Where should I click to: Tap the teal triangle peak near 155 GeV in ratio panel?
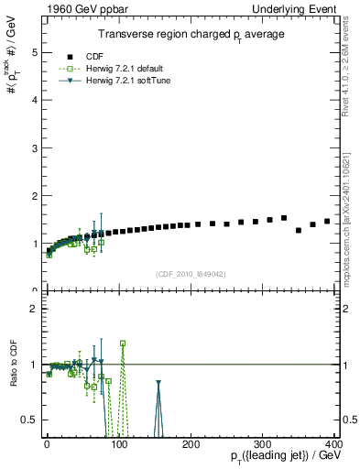[158, 383]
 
